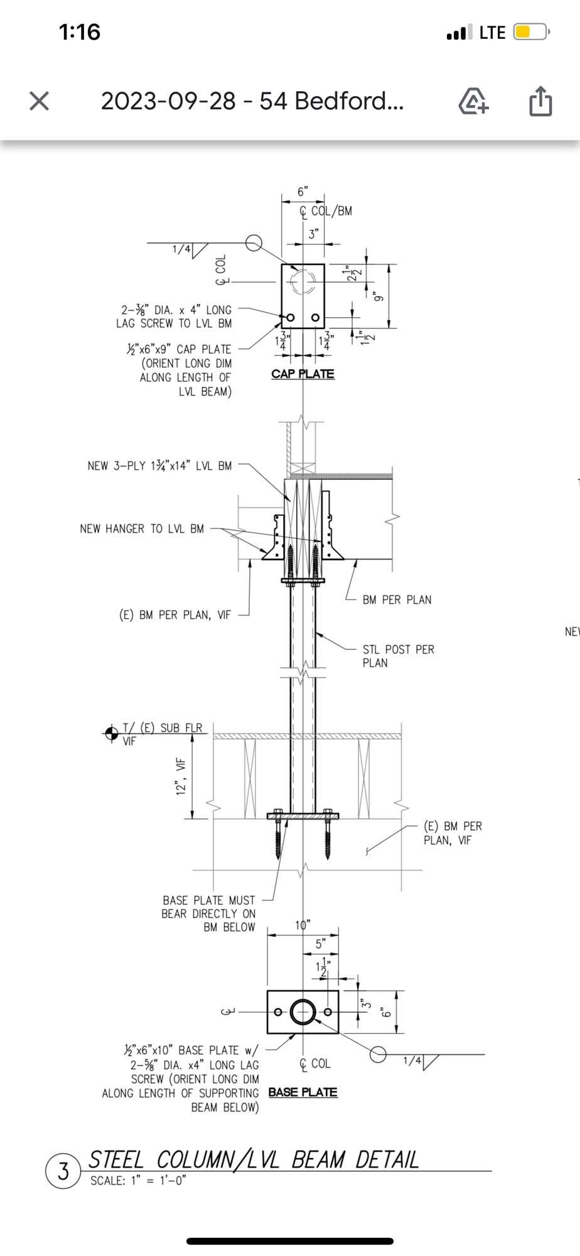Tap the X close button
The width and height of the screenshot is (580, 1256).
[39, 100]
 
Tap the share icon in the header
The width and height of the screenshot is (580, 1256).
[540, 100]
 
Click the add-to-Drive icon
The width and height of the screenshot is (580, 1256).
[474, 101]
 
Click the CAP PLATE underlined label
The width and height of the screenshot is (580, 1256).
[303, 374]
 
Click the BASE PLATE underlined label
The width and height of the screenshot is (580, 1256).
[303, 1092]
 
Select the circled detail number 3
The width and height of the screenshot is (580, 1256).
[63, 1172]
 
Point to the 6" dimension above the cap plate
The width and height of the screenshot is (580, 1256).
[303, 192]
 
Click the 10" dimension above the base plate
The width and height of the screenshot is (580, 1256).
[303, 925]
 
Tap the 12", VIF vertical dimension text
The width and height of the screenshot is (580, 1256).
[182, 777]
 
